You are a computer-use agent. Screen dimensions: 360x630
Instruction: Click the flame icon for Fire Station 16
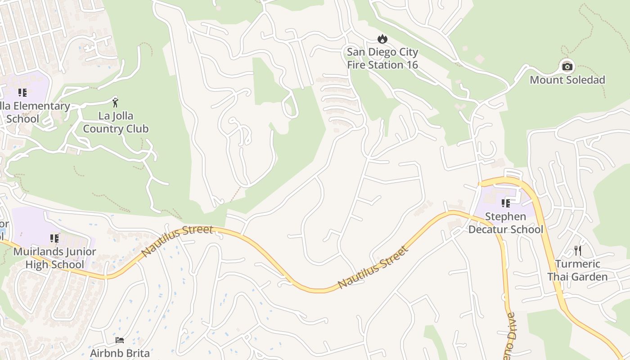tap(382, 39)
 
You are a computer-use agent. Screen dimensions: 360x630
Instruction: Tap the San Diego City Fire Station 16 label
tap(382, 58)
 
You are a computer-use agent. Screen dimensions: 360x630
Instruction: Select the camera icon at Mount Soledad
tap(567, 67)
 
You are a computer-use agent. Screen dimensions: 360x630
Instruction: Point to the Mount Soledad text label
tap(567, 80)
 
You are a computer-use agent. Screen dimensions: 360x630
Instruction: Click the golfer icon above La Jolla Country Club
tap(115, 103)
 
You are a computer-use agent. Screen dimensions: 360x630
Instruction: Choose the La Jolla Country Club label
tap(116, 122)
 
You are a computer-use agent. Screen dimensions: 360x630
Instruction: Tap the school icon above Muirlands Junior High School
tap(54, 238)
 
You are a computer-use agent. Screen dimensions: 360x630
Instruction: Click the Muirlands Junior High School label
tap(54, 258)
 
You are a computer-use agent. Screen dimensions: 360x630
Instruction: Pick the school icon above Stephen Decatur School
tap(506, 203)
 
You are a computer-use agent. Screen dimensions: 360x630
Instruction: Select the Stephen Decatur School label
tap(506, 223)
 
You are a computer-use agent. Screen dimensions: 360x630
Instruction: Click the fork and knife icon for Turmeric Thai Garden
tap(578, 250)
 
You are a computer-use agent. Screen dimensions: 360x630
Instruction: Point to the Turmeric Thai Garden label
tap(577, 270)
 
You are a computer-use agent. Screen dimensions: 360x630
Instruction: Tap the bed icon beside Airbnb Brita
tap(120, 340)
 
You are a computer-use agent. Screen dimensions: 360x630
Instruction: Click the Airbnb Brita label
tap(120, 352)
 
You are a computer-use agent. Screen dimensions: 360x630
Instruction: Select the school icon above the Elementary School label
tap(22, 93)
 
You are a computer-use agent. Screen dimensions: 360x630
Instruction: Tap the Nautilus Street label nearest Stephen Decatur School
tap(373, 267)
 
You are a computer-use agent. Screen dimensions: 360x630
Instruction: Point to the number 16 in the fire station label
tap(411, 65)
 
